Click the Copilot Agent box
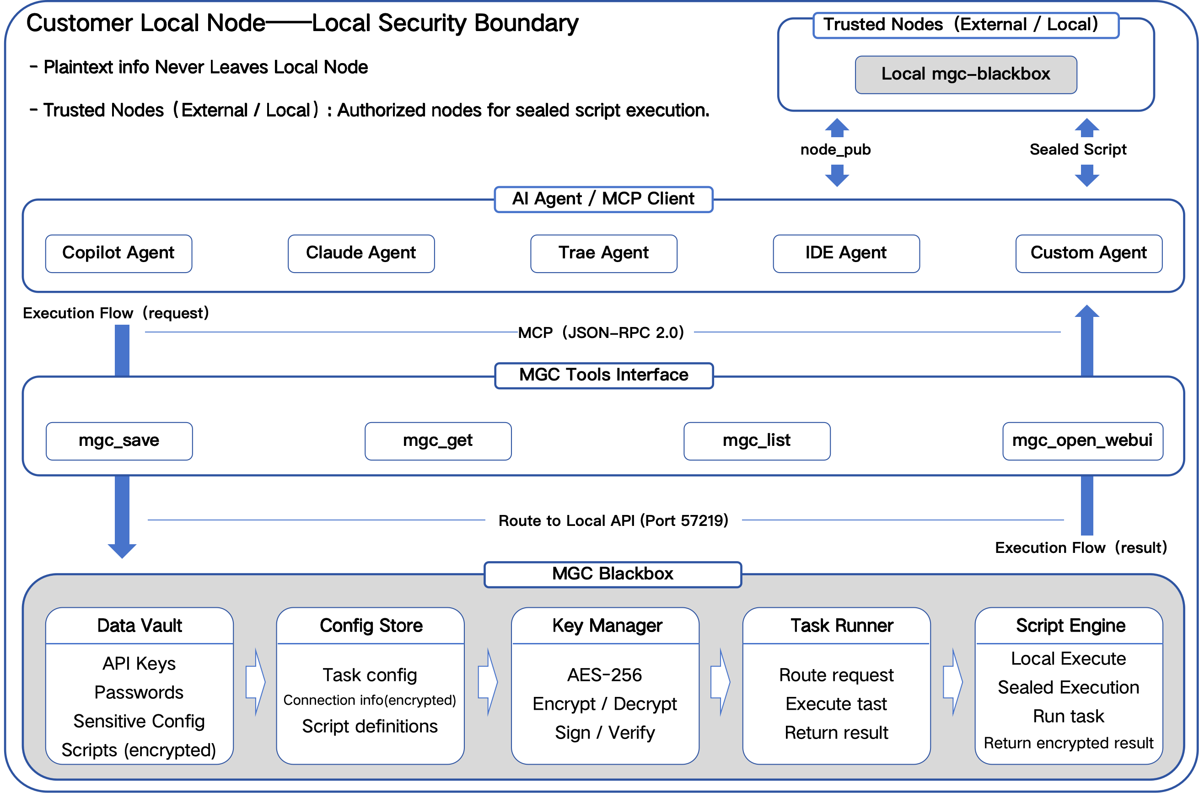click(x=118, y=253)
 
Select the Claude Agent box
click(x=361, y=253)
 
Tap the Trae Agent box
click(x=603, y=253)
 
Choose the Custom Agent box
click(x=1089, y=253)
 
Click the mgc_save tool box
click(x=119, y=441)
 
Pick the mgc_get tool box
click(x=438, y=441)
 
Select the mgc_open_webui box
click(x=1083, y=441)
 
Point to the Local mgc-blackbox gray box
click(x=966, y=75)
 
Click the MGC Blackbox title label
click(x=613, y=574)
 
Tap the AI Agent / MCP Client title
click(x=603, y=199)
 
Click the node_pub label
click(x=836, y=150)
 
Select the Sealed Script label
click(x=1078, y=150)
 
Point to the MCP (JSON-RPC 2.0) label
click(x=601, y=333)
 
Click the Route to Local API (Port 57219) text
click(x=613, y=520)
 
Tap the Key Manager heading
click(x=607, y=626)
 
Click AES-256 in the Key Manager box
click(x=605, y=675)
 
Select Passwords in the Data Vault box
click(x=139, y=692)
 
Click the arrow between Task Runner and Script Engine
click(x=953, y=682)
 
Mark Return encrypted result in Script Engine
click(x=1069, y=744)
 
